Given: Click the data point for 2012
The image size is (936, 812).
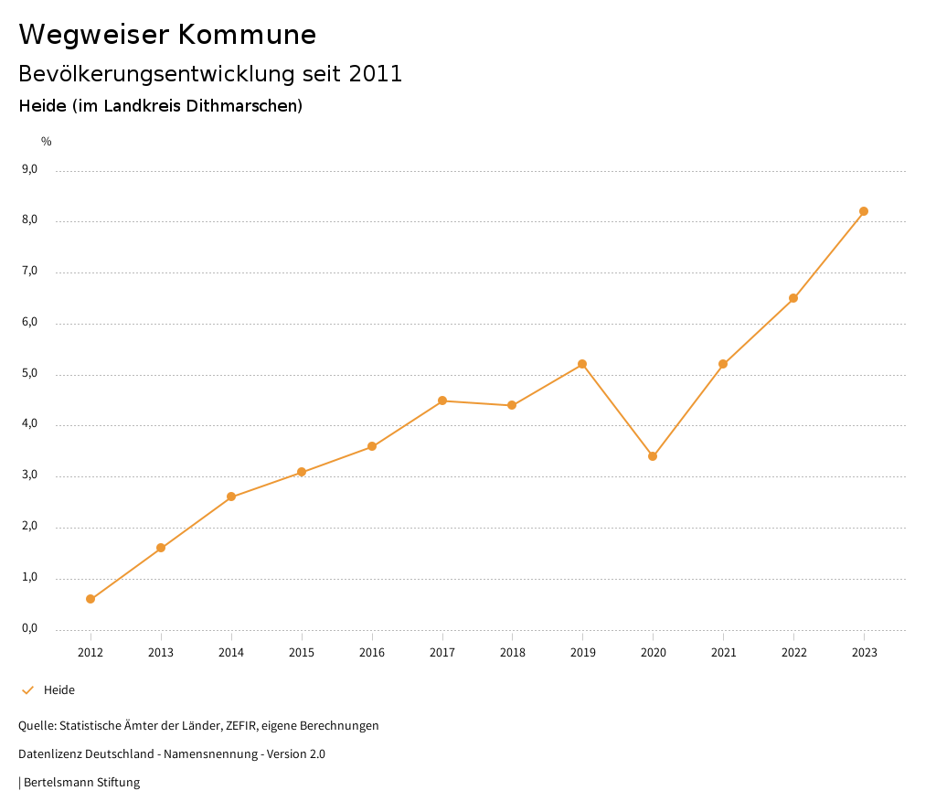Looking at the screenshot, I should [90, 599].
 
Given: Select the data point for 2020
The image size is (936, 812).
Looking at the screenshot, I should [653, 456].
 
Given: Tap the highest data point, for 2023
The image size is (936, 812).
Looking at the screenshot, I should [864, 211].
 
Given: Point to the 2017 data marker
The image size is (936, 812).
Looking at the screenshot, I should [442, 401].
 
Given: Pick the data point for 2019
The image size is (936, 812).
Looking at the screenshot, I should [582, 364].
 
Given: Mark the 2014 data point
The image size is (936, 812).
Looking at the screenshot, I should [231, 497].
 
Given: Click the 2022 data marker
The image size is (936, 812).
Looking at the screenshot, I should [793, 298].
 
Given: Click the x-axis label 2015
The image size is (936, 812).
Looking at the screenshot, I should [302, 652].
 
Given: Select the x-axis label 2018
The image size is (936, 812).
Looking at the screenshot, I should [512, 652].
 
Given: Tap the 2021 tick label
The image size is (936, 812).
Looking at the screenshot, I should [723, 652].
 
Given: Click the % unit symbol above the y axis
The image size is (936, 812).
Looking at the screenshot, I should [47, 141].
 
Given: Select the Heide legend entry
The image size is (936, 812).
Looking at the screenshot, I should [59, 690].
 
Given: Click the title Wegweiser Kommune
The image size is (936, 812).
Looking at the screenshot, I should [167, 35].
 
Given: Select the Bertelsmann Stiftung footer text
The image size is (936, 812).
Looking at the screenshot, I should [81, 783].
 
